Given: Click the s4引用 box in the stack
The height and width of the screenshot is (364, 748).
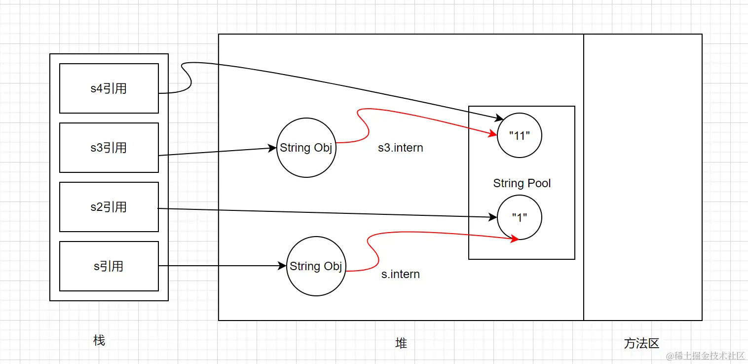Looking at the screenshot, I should pos(109,88).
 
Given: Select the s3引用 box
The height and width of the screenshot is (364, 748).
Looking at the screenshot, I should pos(109,148).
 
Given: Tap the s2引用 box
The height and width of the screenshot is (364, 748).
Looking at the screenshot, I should pos(109,207).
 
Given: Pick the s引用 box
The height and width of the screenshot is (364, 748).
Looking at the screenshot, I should pos(109,266).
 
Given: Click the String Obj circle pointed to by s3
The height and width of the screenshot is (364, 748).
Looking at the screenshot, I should pos(306,148).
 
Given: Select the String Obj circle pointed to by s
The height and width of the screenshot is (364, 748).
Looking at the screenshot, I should pos(316,266).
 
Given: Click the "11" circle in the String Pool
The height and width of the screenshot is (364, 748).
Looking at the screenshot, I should pos(519,136).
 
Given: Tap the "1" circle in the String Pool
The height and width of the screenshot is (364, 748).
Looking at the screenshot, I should pos(519,218).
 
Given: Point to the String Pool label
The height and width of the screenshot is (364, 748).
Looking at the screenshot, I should pos(522,183).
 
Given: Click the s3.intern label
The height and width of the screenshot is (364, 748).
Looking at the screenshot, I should pos(400,148).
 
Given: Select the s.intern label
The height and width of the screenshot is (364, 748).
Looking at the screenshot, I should pos(400,274).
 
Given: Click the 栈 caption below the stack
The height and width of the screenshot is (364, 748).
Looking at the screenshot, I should pos(99,340).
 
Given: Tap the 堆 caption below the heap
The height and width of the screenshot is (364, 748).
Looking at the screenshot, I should pos(401,343).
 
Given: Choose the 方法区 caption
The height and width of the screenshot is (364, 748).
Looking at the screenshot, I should pos(641,343).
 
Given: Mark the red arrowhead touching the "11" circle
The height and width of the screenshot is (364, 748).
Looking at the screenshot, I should pos(492,134).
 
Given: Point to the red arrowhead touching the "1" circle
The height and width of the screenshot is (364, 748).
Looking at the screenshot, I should pos(514,239).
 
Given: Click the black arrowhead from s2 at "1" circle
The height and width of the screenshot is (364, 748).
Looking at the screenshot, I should pos(493,217).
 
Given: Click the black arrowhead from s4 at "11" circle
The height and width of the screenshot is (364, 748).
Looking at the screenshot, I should pos(499,118).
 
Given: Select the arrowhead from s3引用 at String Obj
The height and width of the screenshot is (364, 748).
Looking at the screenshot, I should pos(272,148).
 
